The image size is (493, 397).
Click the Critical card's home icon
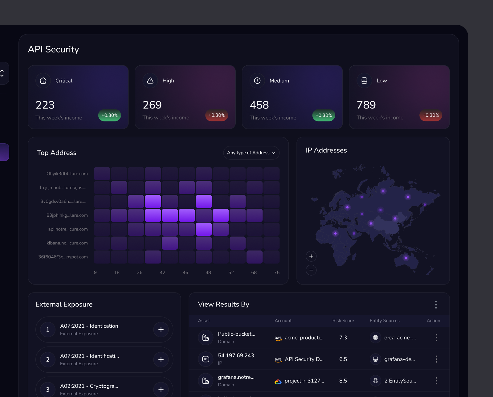[x=43, y=80]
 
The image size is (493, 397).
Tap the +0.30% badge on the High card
[x=216, y=115]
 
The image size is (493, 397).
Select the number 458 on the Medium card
[x=259, y=105]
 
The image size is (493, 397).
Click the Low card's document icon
[x=364, y=80]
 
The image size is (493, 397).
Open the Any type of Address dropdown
[x=251, y=153]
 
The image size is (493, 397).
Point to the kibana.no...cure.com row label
[x=67, y=243]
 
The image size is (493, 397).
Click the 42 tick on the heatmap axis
[x=162, y=272]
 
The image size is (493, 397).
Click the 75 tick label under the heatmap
[x=277, y=272]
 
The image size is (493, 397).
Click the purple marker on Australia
[x=406, y=258]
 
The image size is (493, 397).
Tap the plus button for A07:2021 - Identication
[x=161, y=329]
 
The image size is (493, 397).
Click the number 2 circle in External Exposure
[x=48, y=359]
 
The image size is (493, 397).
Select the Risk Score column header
[x=343, y=321]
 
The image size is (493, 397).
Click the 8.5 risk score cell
[x=343, y=381]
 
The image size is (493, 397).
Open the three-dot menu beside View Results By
[x=436, y=305]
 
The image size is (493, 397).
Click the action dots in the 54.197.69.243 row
[x=436, y=359]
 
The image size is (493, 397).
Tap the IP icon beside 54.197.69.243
[x=206, y=359]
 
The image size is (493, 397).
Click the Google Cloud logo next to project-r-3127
[x=278, y=382]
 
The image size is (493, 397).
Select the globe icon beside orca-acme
[x=375, y=338]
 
